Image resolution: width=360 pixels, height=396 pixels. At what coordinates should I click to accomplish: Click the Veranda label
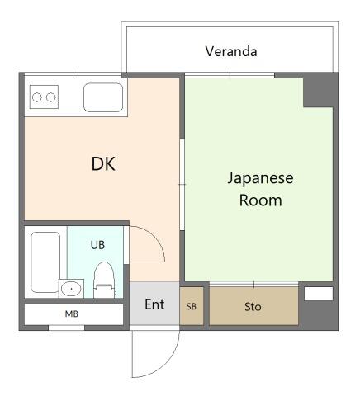[231, 51]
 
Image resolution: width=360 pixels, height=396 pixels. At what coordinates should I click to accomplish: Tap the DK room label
[103, 164]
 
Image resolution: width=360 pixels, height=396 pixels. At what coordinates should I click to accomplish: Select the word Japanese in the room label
[260, 179]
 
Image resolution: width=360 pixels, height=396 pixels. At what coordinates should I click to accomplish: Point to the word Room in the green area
[260, 200]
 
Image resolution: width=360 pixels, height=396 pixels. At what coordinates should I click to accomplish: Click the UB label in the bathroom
[97, 245]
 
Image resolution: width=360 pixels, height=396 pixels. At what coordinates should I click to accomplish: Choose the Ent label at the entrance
[154, 304]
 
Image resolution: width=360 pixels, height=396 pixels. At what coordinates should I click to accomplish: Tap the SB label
[192, 306]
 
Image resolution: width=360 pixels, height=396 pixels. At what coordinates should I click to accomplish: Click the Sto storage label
[253, 307]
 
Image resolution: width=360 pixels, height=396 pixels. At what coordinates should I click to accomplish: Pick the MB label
[72, 313]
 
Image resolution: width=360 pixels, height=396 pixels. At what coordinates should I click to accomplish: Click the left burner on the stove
[37, 97]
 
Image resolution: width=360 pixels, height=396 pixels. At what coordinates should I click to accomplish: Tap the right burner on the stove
[51, 97]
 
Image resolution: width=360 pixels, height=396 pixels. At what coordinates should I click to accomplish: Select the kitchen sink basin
[103, 97]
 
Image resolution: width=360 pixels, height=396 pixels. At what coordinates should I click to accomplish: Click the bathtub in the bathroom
[45, 262]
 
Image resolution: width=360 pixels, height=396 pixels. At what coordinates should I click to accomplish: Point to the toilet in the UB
[104, 280]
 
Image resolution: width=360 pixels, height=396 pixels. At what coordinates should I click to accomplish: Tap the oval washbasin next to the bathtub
[71, 289]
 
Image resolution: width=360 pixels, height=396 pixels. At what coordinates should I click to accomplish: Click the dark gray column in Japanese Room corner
[318, 92]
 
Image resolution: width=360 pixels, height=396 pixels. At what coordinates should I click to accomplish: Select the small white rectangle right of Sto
[319, 294]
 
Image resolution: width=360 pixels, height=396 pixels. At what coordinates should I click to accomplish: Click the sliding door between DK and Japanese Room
[182, 184]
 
